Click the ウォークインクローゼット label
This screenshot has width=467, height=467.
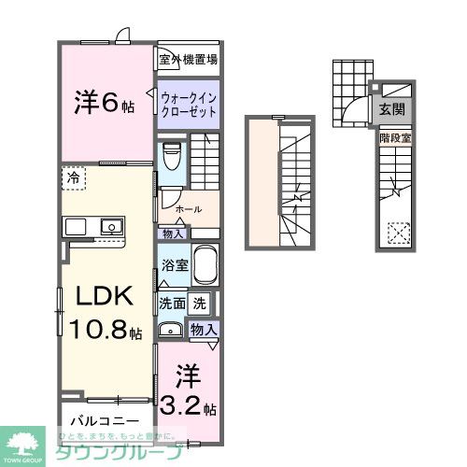coord(189,103)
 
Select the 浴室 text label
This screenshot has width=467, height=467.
coord(176,265)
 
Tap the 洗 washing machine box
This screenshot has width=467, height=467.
coord(199,303)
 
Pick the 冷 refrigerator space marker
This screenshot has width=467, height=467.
coord(72,177)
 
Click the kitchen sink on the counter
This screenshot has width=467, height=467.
coord(111,227)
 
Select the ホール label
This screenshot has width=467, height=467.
coord(186,210)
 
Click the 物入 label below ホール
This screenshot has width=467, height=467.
coord(172,233)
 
